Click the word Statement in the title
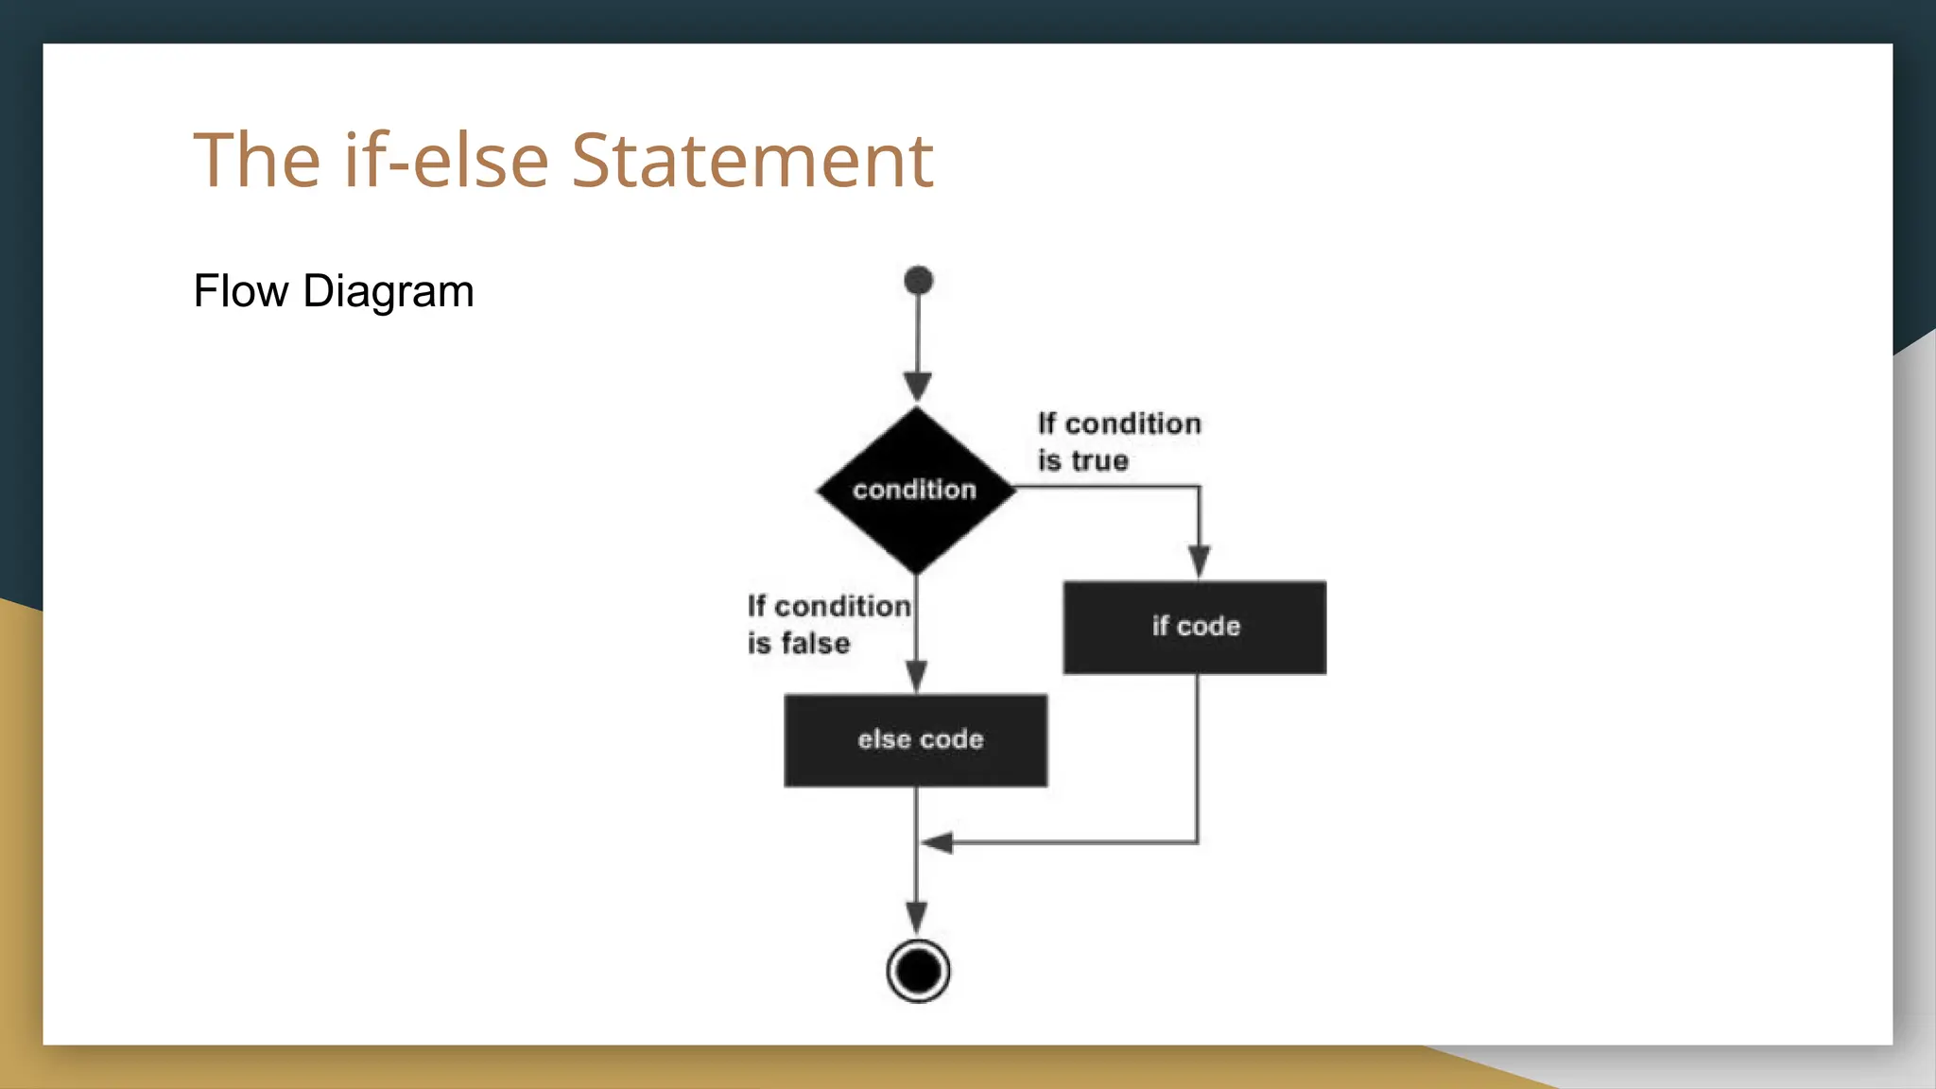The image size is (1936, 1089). [752, 161]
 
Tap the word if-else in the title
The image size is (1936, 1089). [445, 161]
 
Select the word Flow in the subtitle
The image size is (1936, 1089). [240, 291]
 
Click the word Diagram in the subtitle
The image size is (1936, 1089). [388, 291]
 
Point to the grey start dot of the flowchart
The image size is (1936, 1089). [918, 281]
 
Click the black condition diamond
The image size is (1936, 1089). [915, 490]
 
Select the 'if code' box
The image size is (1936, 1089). [1195, 627]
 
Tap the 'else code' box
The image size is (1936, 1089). [915, 740]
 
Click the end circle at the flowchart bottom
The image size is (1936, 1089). [918, 971]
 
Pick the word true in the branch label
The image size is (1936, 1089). [1100, 461]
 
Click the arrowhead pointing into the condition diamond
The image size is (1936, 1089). [917, 386]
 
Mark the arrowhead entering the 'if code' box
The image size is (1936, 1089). [1199, 562]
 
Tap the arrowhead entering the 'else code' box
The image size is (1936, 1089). [916, 676]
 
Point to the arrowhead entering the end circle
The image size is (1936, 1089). [916, 916]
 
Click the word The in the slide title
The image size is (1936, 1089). [256, 161]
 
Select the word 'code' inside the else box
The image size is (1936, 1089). [952, 739]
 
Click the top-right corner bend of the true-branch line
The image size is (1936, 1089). [1199, 488]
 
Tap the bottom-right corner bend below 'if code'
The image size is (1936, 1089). [1198, 841]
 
